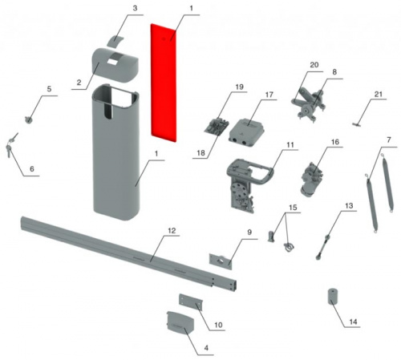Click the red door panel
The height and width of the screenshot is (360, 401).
[164, 83]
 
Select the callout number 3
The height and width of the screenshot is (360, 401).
[135, 8]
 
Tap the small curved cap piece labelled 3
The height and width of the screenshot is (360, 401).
[115, 41]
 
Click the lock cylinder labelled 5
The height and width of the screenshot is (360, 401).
[28, 120]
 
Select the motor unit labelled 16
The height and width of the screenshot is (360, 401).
[312, 179]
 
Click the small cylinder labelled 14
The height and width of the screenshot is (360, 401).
[334, 297]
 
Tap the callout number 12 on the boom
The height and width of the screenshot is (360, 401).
[172, 231]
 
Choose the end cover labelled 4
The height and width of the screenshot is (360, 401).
[179, 323]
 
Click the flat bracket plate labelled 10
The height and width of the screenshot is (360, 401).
[191, 302]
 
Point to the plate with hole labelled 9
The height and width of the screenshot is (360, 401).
[221, 261]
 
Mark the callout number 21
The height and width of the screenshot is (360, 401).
[379, 94]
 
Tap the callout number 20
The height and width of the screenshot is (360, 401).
[314, 65]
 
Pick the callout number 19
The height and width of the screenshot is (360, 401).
[239, 87]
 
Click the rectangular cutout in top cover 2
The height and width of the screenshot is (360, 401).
[113, 63]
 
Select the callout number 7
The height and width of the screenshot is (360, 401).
[389, 140]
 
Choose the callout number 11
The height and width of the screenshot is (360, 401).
[290, 145]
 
